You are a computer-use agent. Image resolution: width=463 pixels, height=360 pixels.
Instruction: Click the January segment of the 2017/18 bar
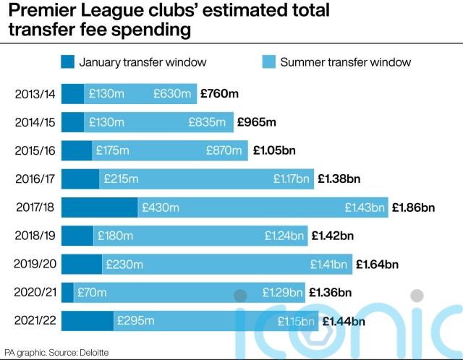tap(99, 207)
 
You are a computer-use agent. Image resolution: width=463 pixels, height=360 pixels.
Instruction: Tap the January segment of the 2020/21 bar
tap(67, 293)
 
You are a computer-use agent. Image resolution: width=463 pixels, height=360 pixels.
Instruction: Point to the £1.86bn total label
tap(413, 207)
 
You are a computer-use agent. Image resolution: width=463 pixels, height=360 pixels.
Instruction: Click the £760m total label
tap(219, 94)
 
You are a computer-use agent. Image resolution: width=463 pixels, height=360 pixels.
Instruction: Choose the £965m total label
tap(257, 122)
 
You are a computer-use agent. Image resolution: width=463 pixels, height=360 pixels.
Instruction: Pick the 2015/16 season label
tap(33, 150)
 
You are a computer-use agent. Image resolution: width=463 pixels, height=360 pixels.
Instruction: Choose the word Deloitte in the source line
tap(88, 352)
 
